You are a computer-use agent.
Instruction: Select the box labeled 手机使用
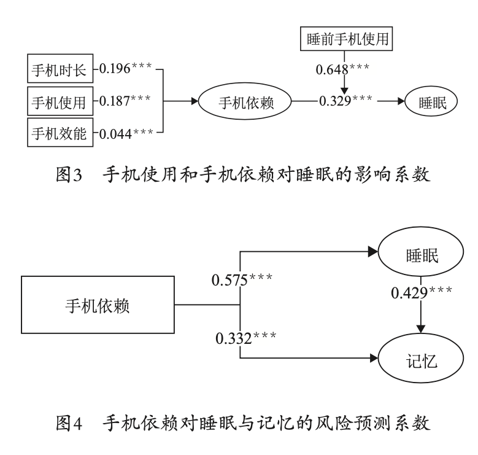[x=60, y=101]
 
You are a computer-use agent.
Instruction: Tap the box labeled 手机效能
[x=60, y=131]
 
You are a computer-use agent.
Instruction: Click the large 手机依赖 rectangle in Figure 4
[x=98, y=305]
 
